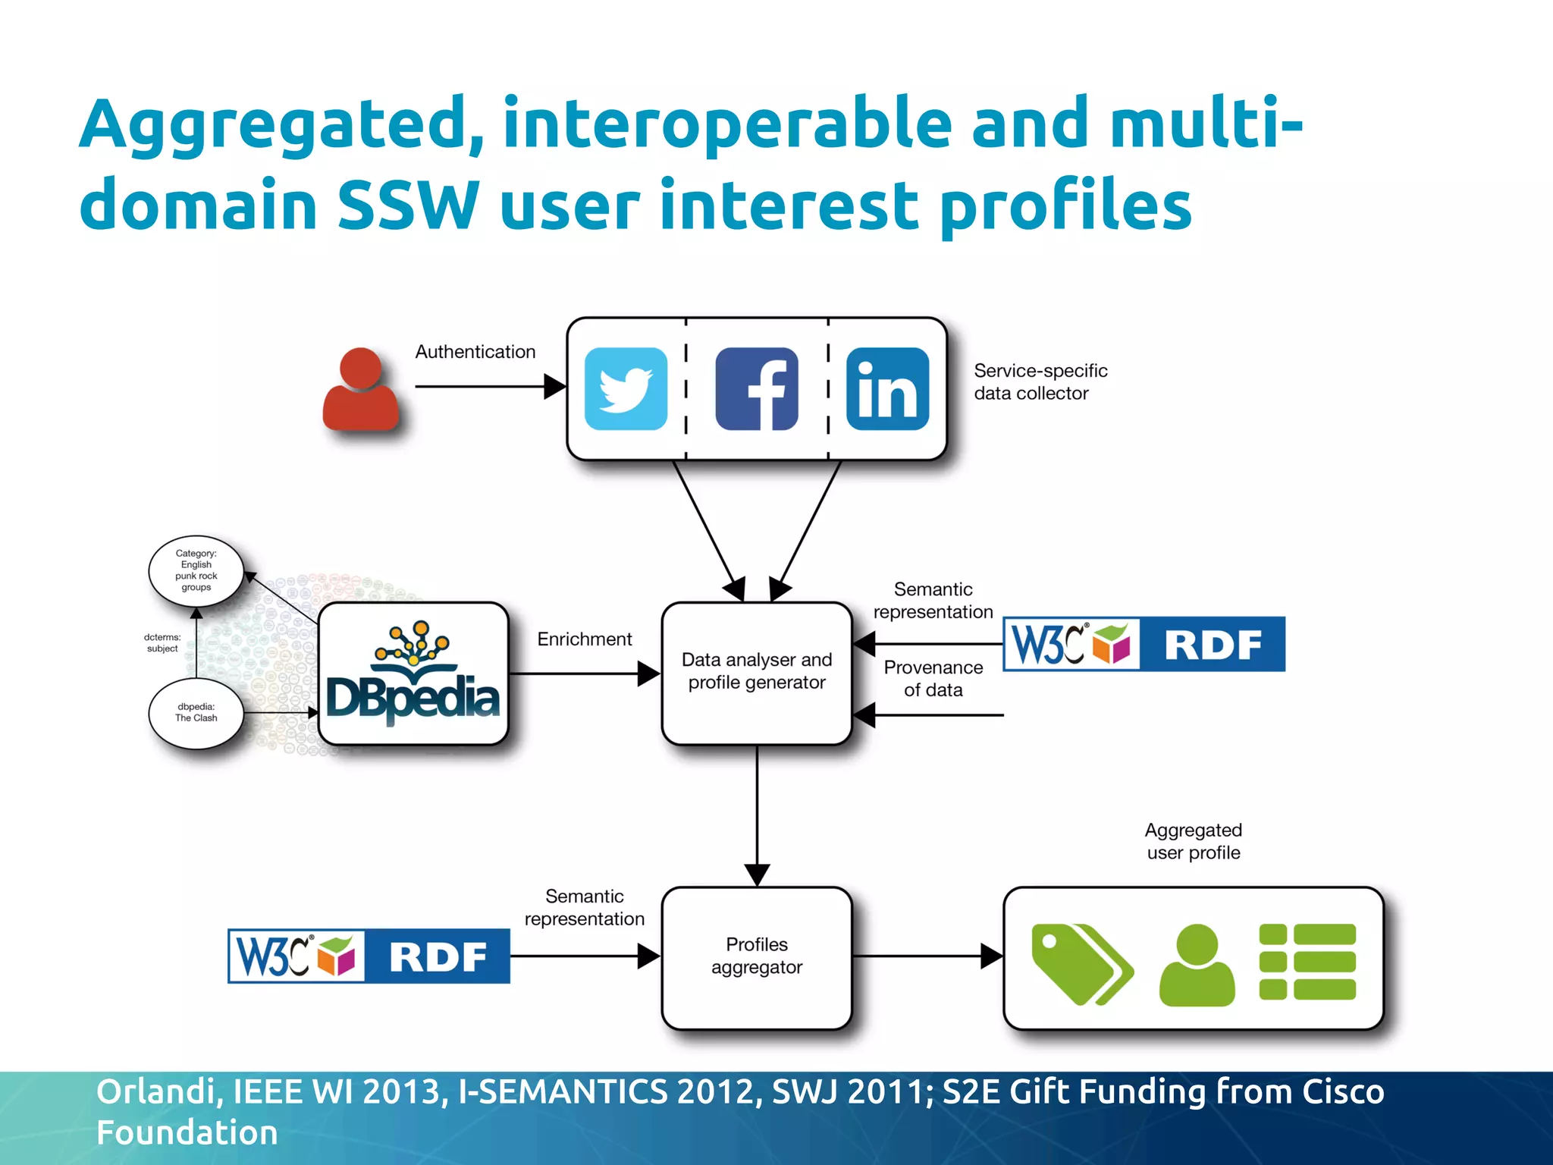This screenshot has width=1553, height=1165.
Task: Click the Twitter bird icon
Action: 626,389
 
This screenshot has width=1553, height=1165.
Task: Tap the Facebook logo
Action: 757,389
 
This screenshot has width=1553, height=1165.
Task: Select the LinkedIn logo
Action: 887,389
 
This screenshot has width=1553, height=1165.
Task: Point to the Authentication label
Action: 475,352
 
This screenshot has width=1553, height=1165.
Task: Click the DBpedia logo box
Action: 413,674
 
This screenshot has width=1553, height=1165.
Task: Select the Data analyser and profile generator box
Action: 757,673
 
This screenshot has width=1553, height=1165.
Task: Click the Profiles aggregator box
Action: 757,957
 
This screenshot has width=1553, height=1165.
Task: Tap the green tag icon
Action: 1081,964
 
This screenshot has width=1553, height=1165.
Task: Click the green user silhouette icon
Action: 1197,965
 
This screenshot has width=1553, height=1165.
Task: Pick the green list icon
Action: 1307,962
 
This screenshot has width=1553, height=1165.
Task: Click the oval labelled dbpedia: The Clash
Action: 196,713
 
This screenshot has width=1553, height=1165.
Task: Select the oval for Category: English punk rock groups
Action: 196,570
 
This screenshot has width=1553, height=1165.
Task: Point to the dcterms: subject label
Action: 162,643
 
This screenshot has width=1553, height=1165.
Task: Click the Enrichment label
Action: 584,639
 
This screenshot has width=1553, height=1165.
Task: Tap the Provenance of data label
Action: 933,679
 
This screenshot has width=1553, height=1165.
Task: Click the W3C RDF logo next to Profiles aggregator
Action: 369,956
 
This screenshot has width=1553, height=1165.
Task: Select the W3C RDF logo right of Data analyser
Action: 1144,644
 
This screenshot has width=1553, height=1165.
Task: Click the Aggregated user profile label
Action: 1194,841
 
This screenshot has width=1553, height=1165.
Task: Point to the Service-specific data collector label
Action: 1040,382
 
